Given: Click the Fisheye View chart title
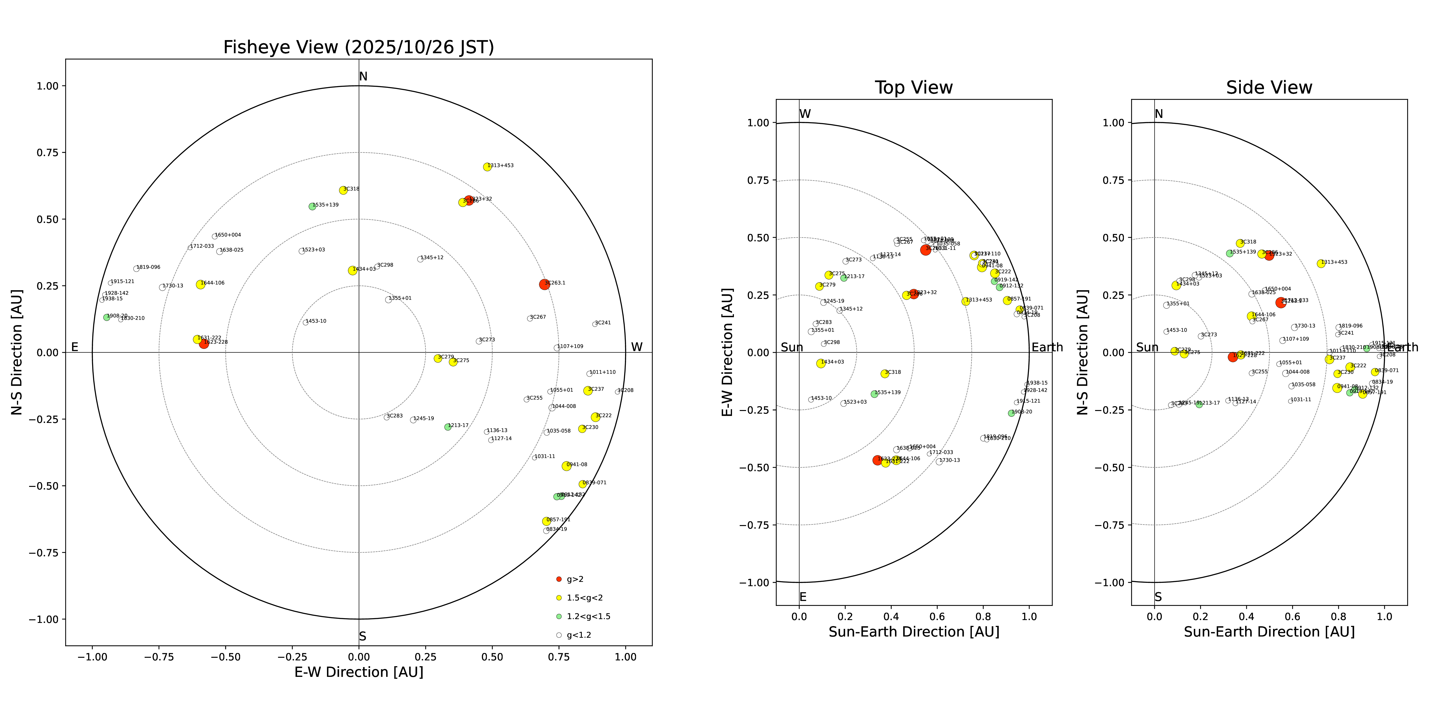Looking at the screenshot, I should coord(358,47).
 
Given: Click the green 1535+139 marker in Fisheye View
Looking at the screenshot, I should coord(312,206).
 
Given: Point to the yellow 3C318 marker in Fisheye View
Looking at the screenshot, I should coord(343,190).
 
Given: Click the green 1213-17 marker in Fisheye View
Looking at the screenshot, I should coord(447,427).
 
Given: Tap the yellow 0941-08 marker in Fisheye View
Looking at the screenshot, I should coord(566,466).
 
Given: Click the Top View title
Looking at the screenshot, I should coord(913,88).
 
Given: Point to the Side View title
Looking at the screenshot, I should coord(1269,88).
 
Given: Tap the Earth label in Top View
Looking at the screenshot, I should coord(1047,347).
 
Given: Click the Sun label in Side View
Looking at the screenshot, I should coord(1147,347).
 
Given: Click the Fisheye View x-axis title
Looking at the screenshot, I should coord(358,672).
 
